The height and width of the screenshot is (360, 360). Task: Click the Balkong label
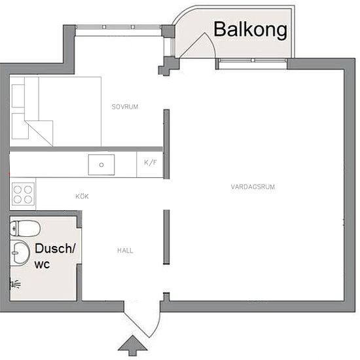pyautogui.click(x=250, y=30)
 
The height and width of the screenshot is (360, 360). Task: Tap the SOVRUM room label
pyautogui.click(x=125, y=107)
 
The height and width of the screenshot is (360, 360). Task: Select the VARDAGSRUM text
pyautogui.click(x=253, y=187)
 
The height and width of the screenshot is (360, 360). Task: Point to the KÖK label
pyautogui.click(x=82, y=196)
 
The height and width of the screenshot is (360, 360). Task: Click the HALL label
pyautogui.click(x=125, y=251)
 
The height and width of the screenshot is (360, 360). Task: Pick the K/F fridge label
pyautogui.click(x=151, y=162)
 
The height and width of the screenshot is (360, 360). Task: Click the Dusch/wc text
pyautogui.click(x=55, y=256)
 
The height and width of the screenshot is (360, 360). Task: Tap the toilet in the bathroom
pyautogui.click(x=26, y=228)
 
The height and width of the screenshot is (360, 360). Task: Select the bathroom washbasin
pyautogui.click(x=20, y=253)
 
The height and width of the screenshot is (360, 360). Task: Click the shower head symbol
pyautogui.click(x=16, y=284)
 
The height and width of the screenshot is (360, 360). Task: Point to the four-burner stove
pyautogui.click(x=23, y=194)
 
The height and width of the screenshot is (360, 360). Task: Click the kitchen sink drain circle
pyautogui.click(x=101, y=165)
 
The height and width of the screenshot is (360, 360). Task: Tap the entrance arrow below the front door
pyautogui.click(x=132, y=346)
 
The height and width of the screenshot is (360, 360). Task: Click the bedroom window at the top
pyautogui.click(x=118, y=27)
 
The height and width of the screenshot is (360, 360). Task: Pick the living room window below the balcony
pyautogui.click(x=253, y=60)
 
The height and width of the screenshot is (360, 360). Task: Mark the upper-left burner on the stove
pyautogui.click(x=18, y=190)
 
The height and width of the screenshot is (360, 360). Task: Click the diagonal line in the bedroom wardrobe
pyautogui.click(x=39, y=133)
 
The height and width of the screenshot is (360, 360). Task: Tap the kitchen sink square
pyautogui.click(x=101, y=165)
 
